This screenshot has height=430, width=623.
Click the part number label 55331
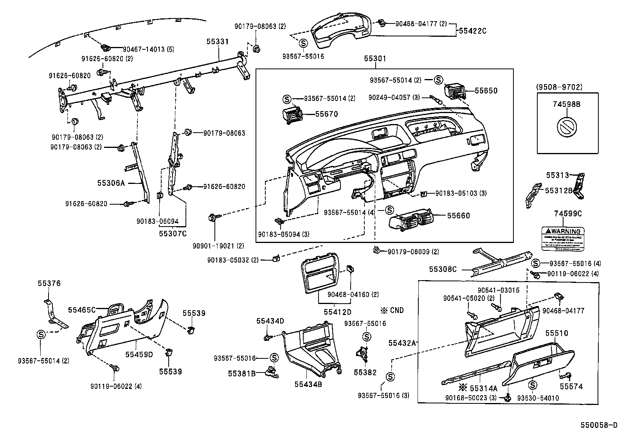pyautogui.click(x=218, y=41)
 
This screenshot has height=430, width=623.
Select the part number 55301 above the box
pyautogui.click(x=375, y=59)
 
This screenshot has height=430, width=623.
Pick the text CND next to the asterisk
pyautogui.click(x=396, y=310)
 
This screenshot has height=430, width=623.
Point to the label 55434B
pyautogui.click(x=308, y=385)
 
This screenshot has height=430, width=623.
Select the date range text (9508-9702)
pyautogui.click(x=567, y=87)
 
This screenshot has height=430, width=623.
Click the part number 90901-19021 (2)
pyautogui.click(x=218, y=246)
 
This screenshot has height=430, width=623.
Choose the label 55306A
pyautogui.click(x=111, y=183)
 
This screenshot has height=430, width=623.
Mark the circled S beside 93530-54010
pyautogui.click(x=532, y=385)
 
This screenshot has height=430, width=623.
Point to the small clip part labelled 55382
pyautogui.click(x=363, y=354)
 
